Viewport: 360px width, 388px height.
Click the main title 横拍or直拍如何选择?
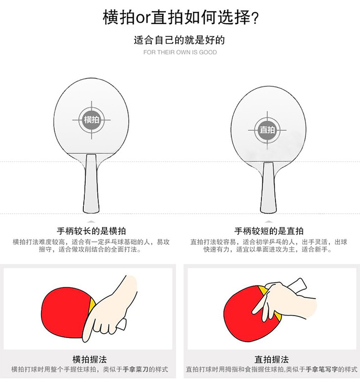pyautogui.click(x=181, y=17)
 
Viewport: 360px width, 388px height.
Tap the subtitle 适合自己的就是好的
pyautogui.click(x=180, y=40)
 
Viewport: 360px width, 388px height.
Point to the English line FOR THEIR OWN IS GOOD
pyautogui.click(x=180, y=52)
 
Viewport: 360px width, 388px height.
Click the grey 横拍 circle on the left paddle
pyautogui.click(x=92, y=120)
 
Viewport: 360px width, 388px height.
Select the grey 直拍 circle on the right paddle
pyautogui.click(x=267, y=130)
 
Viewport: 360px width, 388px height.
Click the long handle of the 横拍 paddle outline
pyautogui.click(x=91, y=183)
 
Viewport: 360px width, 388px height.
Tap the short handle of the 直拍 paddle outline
pyautogui.click(x=268, y=187)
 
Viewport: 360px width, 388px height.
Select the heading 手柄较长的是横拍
pyautogui.click(x=92, y=231)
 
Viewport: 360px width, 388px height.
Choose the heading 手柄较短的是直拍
pyautogui.click(x=269, y=231)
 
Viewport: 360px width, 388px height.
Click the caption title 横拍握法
pyautogui.click(x=90, y=359)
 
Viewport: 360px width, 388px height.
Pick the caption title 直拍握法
pyautogui.click(x=272, y=359)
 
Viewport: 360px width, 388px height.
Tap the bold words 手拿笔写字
pyautogui.click(x=322, y=369)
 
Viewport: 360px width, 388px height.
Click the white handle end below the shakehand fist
pyautogui.click(x=122, y=324)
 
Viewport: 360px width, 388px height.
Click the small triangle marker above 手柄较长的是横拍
pyautogui.click(x=92, y=222)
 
